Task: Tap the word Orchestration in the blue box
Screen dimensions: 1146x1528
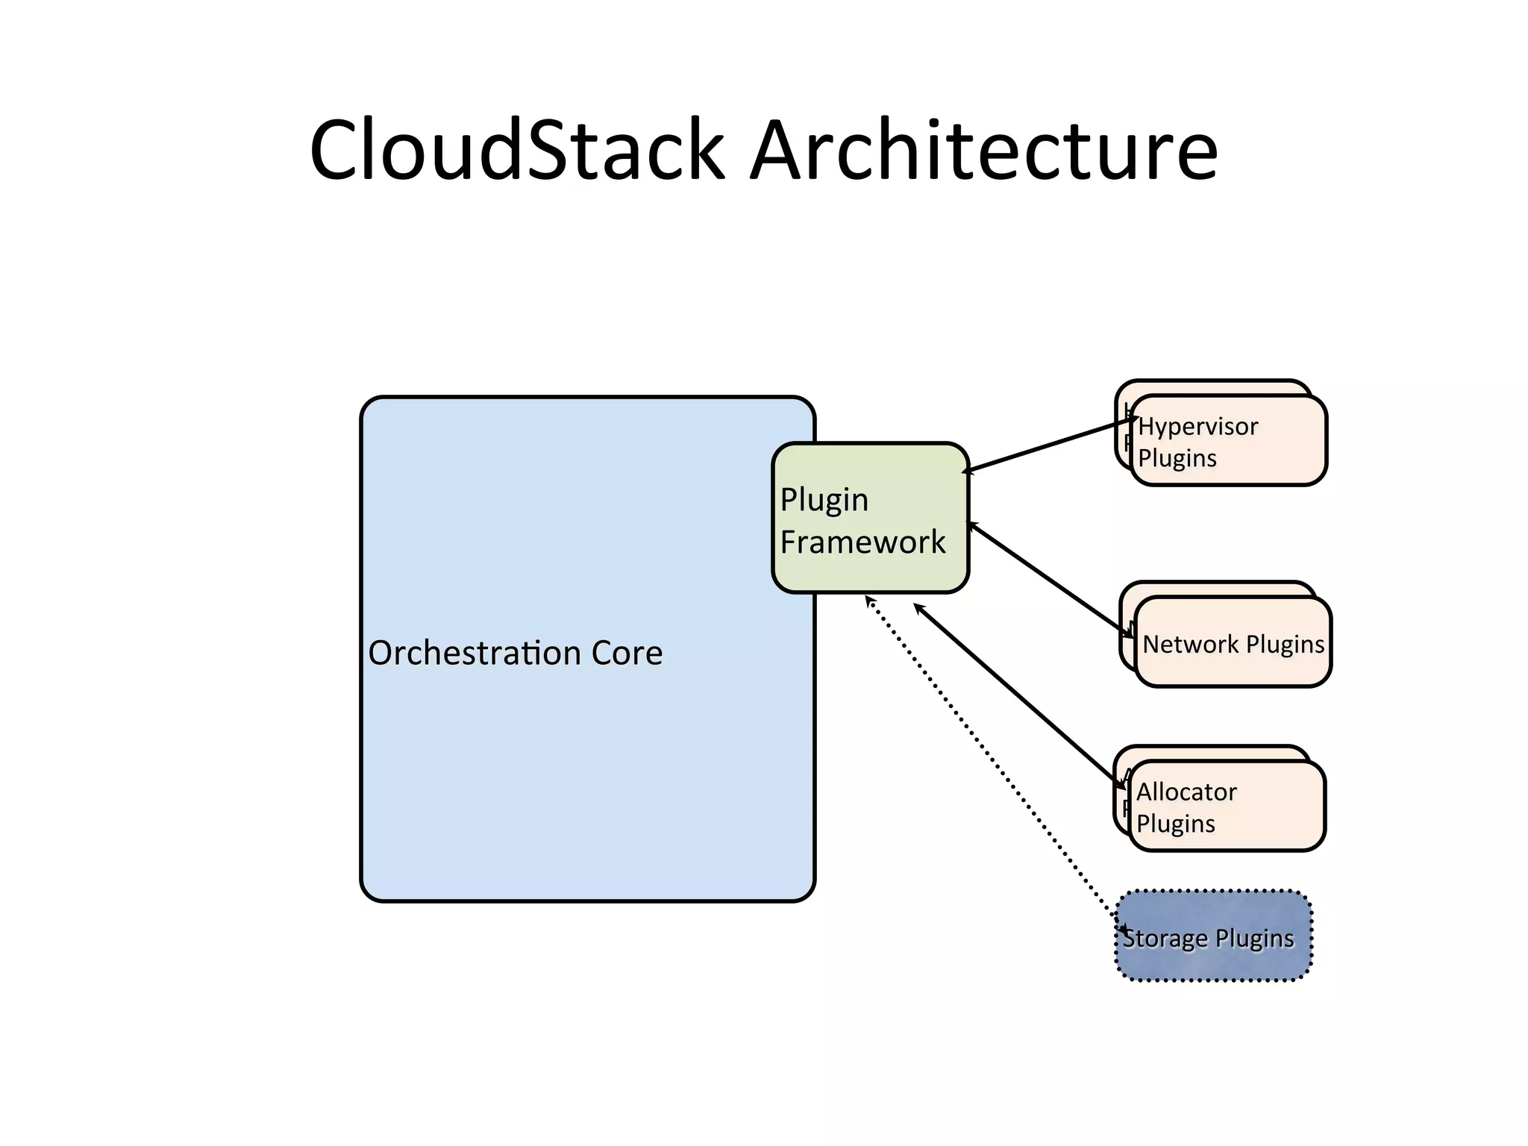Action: [475, 654]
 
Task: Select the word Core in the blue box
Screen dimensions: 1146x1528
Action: [627, 654]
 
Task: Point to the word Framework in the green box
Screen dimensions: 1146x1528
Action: [862, 542]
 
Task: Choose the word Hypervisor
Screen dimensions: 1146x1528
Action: [1197, 427]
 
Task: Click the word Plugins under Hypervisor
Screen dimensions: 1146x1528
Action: [1177, 458]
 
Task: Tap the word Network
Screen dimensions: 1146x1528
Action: [1191, 644]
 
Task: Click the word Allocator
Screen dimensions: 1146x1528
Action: [1186, 792]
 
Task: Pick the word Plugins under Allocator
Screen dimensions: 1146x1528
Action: [1175, 824]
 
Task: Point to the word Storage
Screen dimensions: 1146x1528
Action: [1164, 939]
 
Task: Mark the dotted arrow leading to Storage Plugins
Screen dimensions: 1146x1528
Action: [992, 761]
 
